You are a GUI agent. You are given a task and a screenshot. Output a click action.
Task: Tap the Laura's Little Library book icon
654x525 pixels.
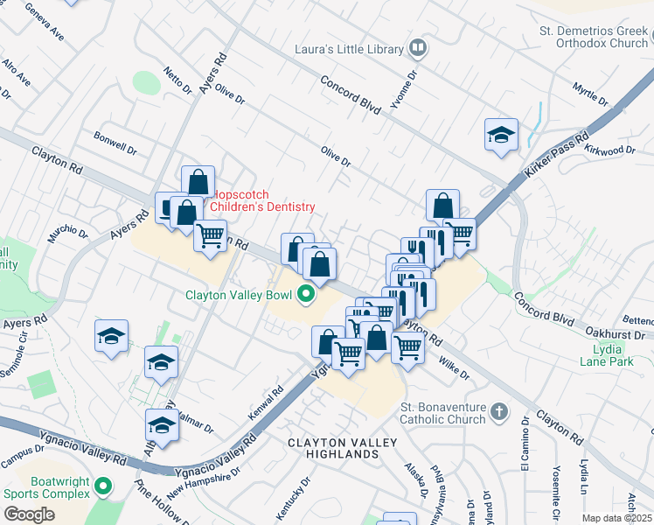pos(418,48)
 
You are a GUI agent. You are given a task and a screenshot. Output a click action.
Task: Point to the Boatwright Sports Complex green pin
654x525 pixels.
pos(103,485)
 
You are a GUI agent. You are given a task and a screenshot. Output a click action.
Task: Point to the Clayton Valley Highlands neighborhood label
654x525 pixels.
pos(333,449)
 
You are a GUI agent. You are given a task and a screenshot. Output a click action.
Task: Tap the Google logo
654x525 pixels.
pos(30,514)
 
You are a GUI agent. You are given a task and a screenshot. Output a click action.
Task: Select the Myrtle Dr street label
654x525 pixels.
pos(589,90)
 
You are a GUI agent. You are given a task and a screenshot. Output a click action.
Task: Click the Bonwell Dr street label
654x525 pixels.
pos(115,143)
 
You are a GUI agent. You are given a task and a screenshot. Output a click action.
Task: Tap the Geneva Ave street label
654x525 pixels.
pos(45,24)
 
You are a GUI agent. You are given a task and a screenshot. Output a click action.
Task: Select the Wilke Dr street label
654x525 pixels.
pos(455,369)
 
